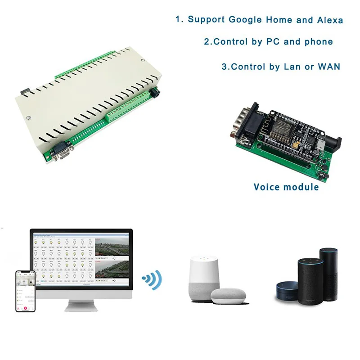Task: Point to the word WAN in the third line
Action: pyautogui.click(x=329, y=67)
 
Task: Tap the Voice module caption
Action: pyautogui.click(x=286, y=187)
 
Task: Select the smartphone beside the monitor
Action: pyautogui.click(x=25, y=291)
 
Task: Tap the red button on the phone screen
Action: pyautogui.click(x=26, y=308)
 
